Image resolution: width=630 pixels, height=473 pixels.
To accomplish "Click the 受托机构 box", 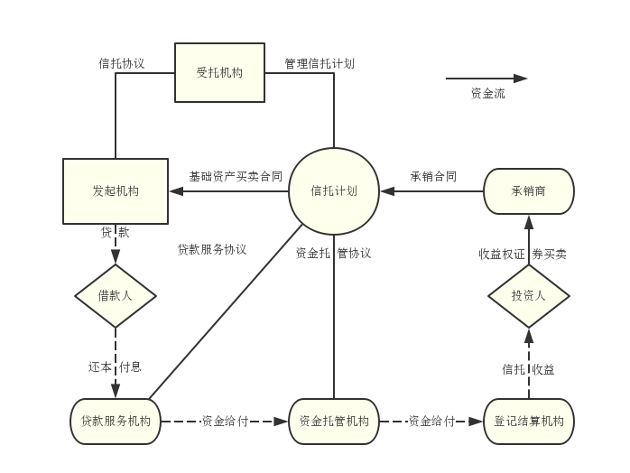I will (219, 72).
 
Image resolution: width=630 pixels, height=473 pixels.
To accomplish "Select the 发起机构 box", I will (116, 191).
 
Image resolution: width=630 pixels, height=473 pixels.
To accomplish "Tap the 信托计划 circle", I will (334, 191).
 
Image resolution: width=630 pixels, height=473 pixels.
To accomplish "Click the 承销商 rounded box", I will (529, 191).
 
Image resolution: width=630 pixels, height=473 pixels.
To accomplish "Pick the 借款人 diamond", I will (116, 295).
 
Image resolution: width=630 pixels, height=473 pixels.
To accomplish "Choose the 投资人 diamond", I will (529, 295).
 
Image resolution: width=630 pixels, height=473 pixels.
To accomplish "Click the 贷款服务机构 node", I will (116, 421).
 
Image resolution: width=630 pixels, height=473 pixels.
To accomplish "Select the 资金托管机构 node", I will (334, 421).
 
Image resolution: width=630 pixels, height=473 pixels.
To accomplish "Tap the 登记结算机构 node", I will (529, 421).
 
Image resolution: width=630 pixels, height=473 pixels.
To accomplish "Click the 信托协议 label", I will (122, 64).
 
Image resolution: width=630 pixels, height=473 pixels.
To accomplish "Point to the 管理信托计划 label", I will (320, 64).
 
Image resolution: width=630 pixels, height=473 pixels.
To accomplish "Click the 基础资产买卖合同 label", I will (236, 177).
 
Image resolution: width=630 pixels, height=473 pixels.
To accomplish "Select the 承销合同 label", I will (433, 177).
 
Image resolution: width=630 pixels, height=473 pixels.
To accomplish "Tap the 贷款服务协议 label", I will (212, 249).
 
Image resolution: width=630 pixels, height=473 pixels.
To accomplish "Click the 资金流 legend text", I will (488, 93).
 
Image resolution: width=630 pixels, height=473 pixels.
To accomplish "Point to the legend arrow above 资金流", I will (487, 79).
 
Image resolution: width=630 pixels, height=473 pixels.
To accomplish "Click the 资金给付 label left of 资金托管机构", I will (225, 421).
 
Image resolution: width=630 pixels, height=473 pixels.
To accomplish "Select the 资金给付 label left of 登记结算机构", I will (431, 421).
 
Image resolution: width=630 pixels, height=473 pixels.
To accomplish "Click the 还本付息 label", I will (116, 367).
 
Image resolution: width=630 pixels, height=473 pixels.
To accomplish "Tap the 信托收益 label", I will (529, 369).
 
